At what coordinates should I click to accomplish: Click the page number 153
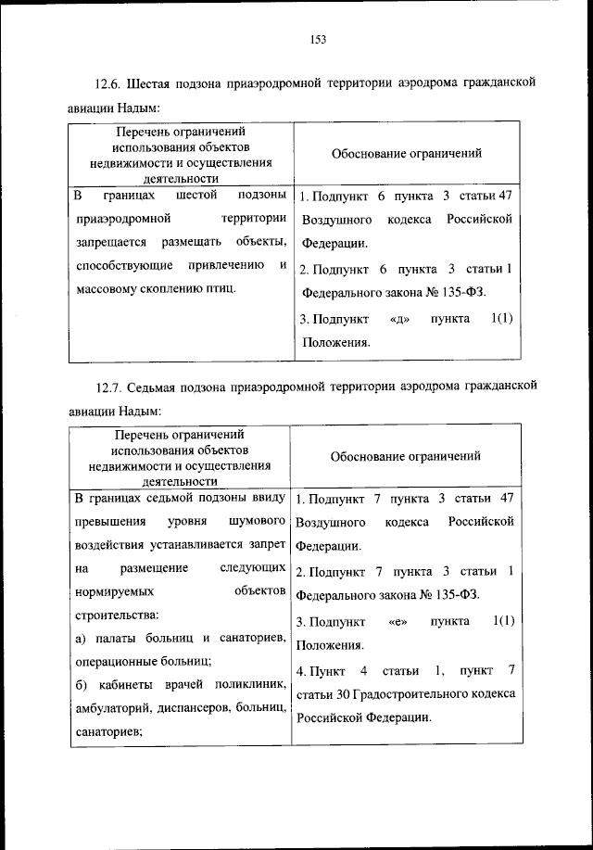318,39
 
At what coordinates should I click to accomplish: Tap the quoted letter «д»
401,319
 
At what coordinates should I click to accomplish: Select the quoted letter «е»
399,621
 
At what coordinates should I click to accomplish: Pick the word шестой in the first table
195,197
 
